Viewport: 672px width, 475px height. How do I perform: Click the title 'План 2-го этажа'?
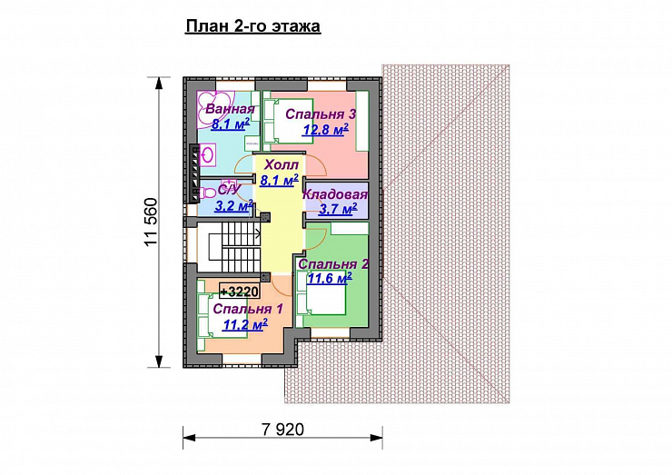(x=252, y=26)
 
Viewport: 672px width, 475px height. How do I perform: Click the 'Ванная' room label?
(x=230, y=109)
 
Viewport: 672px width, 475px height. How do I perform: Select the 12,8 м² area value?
(x=326, y=129)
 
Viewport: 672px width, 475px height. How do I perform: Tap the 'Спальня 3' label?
(x=321, y=114)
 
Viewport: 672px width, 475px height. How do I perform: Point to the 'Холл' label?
(x=282, y=164)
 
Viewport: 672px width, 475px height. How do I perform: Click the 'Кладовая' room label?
(x=335, y=194)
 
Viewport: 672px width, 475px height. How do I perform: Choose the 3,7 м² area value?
(x=338, y=209)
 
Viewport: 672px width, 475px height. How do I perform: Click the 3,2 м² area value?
(x=233, y=206)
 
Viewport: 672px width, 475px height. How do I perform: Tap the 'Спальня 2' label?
(x=333, y=264)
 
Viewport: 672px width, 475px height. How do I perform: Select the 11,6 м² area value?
(x=330, y=279)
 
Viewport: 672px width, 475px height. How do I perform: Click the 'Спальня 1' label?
(x=248, y=309)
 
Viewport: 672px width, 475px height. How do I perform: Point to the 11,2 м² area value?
(x=245, y=324)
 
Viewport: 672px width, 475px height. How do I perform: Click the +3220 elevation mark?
(x=240, y=292)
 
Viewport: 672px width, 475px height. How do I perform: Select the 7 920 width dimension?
(x=283, y=429)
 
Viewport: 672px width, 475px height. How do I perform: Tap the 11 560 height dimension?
(x=152, y=223)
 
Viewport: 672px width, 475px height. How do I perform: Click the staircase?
(x=235, y=252)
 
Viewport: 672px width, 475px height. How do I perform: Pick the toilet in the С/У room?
(x=206, y=193)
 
